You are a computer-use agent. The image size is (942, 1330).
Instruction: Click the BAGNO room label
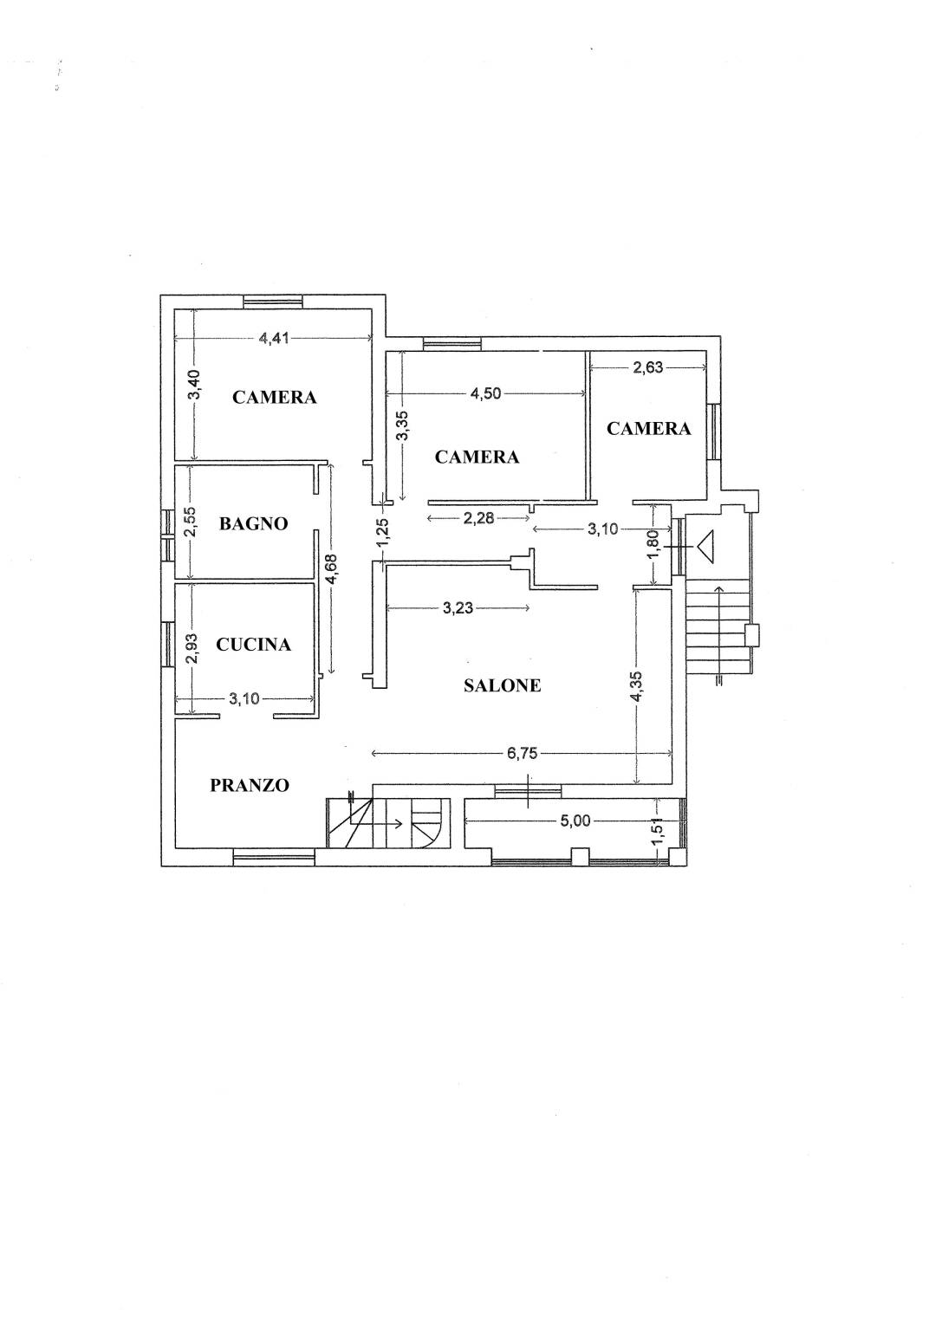254,523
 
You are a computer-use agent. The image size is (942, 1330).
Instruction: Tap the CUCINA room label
254,645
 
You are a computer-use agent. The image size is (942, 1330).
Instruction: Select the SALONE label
503,685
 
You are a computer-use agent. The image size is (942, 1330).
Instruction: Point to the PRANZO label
250,786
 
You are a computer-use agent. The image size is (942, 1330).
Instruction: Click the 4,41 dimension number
274,339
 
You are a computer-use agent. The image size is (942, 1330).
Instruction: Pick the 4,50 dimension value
486,393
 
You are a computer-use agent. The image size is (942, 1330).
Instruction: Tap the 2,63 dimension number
647,367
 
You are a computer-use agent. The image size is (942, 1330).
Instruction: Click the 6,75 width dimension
522,754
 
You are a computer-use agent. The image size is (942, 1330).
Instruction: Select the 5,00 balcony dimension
575,821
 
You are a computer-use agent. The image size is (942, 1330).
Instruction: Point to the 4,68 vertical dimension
331,569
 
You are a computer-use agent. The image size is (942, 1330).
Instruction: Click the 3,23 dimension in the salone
458,608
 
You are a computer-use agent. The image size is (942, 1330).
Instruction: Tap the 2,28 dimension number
478,518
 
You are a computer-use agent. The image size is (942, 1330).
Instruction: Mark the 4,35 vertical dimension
637,687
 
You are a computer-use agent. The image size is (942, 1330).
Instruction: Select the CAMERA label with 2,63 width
648,429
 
